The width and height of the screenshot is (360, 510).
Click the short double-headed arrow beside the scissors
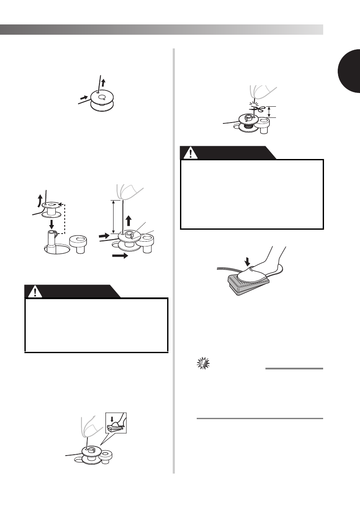[269, 112]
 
